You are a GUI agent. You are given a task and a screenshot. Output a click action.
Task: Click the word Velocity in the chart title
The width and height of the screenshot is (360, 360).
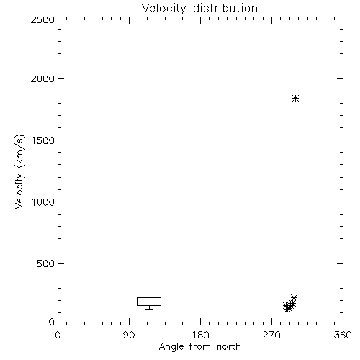163,9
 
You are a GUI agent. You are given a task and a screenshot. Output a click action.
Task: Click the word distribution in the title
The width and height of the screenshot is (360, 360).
225,8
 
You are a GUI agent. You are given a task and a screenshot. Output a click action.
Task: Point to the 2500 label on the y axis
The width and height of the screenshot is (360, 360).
42,19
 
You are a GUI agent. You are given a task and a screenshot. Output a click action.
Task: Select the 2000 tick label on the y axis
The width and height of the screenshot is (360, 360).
42,78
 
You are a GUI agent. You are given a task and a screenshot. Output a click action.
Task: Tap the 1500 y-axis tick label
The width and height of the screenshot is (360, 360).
43,140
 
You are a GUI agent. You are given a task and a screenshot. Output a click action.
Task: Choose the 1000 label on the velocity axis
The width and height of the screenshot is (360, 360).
43,202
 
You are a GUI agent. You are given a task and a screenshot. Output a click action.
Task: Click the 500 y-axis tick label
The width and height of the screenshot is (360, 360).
46,264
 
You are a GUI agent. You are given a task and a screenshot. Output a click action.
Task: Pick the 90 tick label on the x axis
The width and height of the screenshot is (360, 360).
129,335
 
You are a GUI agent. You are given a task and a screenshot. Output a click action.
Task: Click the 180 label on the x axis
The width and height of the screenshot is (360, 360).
200,335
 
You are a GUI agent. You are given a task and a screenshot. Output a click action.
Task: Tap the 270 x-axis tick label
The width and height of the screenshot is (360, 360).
271,335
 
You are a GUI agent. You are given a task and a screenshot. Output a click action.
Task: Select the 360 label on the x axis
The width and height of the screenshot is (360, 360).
343,335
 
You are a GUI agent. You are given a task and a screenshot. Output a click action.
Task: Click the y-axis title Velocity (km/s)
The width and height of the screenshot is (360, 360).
19,171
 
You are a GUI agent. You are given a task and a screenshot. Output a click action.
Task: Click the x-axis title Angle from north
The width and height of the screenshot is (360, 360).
199,347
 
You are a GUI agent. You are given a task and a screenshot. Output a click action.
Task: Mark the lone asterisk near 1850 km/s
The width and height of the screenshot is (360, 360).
295,98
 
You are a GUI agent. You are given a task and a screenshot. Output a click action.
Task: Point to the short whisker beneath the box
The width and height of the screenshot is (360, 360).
149,307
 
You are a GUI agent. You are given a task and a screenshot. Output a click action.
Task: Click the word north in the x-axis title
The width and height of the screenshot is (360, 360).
229,346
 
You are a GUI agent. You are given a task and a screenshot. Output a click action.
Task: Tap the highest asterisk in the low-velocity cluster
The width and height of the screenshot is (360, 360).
294,298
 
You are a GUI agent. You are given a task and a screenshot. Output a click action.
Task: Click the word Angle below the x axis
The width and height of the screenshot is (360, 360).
171,347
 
